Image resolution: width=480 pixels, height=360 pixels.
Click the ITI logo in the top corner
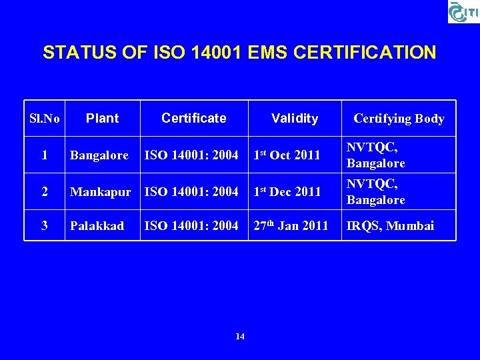pos(462,11)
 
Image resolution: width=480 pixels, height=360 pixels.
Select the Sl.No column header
pos(45,119)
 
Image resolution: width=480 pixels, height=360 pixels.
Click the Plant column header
pos(103,118)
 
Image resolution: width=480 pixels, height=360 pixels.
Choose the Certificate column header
pos(194,118)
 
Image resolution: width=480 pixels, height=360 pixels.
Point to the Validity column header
pos(295,118)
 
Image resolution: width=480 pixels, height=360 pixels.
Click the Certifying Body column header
pos(399,119)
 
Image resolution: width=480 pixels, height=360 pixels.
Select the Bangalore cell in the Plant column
pos(99,155)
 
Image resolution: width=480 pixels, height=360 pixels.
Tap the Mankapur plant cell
pos(101,192)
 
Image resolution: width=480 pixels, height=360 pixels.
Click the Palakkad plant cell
pos(97,226)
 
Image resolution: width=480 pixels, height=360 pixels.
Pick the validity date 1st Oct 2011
pos(287,155)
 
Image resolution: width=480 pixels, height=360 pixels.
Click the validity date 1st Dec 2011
pos(287,191)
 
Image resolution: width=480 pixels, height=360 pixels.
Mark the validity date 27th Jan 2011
pos(291,225)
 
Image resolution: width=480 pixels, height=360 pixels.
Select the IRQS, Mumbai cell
pos(390,226)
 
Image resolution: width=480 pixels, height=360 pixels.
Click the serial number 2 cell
pos(45,192)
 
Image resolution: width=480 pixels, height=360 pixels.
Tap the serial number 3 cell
pos(45,226)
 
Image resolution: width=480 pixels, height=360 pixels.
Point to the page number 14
pos(240,337)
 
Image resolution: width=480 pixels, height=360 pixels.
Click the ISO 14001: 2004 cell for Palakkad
pos(191,226)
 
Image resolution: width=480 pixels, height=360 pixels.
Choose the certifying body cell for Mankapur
pos(376,192)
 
